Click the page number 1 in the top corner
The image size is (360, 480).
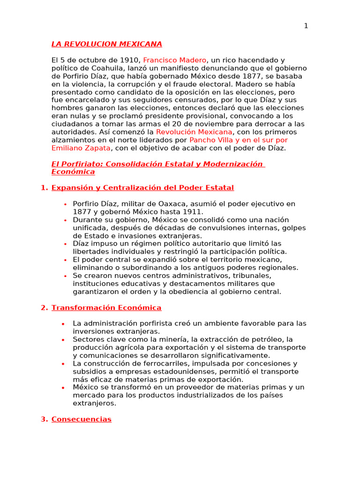click(x=306, y=26)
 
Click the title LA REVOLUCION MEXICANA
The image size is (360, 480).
click(x=106, y=44)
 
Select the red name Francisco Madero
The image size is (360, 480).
click(x=174, y=60)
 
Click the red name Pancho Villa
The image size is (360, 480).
click(x=209, y=140)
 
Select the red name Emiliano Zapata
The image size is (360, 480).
click(x=81, y=148)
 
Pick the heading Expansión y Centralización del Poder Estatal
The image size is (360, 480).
click(x=142, y=187)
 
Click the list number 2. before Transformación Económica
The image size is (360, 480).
click(x=45, y=307)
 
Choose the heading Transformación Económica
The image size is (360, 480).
click(x=106, y=307)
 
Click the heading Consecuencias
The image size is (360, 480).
click(x=82, y=419)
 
